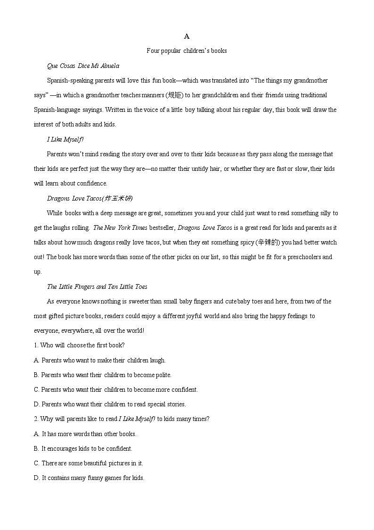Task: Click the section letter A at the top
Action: pyautogui.click(x=187, y=36)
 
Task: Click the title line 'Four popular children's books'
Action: pyautogui.click(x=187, y=51)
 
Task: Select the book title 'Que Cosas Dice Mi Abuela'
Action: pyautogui.click(x=83, y=66)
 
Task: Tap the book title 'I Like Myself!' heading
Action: pyautogui.click(x=65, y=139)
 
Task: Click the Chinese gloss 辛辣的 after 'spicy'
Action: pyautogui.click(x=268, y=243)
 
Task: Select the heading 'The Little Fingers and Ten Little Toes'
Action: pyautogui.click(x=97, y=286)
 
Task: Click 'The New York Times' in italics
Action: pyautogui.click(x=120, y=228)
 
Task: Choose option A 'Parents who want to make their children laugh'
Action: pyautogui.click(x=100, y=360)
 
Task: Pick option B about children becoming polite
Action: pyautogui.click(x=103, y=375)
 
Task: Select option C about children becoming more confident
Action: pyautogui.click(x=116, y=390)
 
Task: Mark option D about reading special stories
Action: pyautogui.click(x=110, y=404)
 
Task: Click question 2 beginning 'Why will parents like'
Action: pyautogui.click(x=122, y=419)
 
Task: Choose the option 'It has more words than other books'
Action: pyautogui.click(x=85, y=434)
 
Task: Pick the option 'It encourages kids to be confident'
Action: pyautogui.click(x=83, y=448)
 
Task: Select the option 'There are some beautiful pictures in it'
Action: pyautogui.click(x=89, y=463)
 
